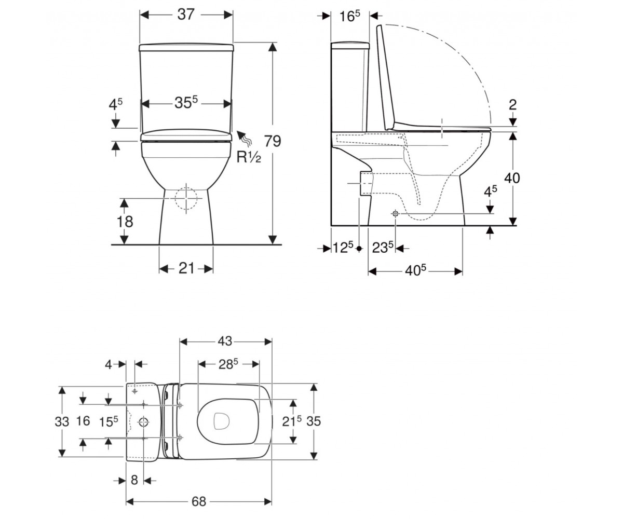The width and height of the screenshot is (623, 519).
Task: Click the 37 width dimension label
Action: point(186,15)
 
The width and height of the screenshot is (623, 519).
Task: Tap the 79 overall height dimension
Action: point(273,141)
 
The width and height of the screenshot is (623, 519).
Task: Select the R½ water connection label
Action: point(249,157)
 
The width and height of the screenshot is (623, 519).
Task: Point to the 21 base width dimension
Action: point(186,268)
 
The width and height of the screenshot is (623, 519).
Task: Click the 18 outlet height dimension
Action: point(125,222)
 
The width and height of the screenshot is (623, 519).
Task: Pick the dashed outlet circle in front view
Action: point(186,198)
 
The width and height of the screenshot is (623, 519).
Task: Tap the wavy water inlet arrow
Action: point(245,138)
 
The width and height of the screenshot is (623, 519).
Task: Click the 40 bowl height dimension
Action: point(512,178)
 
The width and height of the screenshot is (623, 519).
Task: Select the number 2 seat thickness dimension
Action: point(512,105)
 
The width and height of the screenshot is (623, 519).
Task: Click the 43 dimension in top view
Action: point(225,341)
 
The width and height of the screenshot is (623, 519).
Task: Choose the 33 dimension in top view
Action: point(62,422)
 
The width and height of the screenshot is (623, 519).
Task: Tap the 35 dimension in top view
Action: point(314,421)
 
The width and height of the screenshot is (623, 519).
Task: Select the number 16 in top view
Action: point(83,421)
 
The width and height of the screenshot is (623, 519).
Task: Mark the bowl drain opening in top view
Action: point(222,421)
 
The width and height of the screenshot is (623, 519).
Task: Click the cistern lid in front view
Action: point(186,47)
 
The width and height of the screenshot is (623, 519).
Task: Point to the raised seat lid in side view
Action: point(386,77)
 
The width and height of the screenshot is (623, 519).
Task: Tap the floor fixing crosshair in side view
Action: point(395,213)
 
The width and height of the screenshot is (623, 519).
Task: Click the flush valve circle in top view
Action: point(143,422)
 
